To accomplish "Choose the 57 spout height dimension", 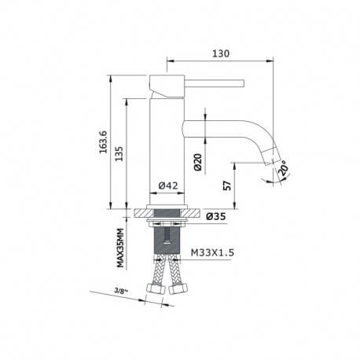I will (x=226, y=186).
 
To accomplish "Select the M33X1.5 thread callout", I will (x=213, y=253).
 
